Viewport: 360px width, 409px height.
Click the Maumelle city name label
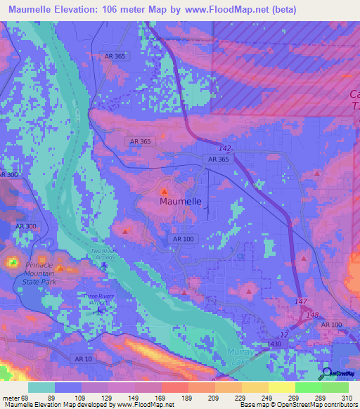click(x=181, y=201)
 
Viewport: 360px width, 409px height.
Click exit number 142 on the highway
click(x=225, y=148)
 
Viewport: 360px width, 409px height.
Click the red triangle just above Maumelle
click(x=165, y=190)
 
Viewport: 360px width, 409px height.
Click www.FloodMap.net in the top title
click(x=220, y=9)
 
